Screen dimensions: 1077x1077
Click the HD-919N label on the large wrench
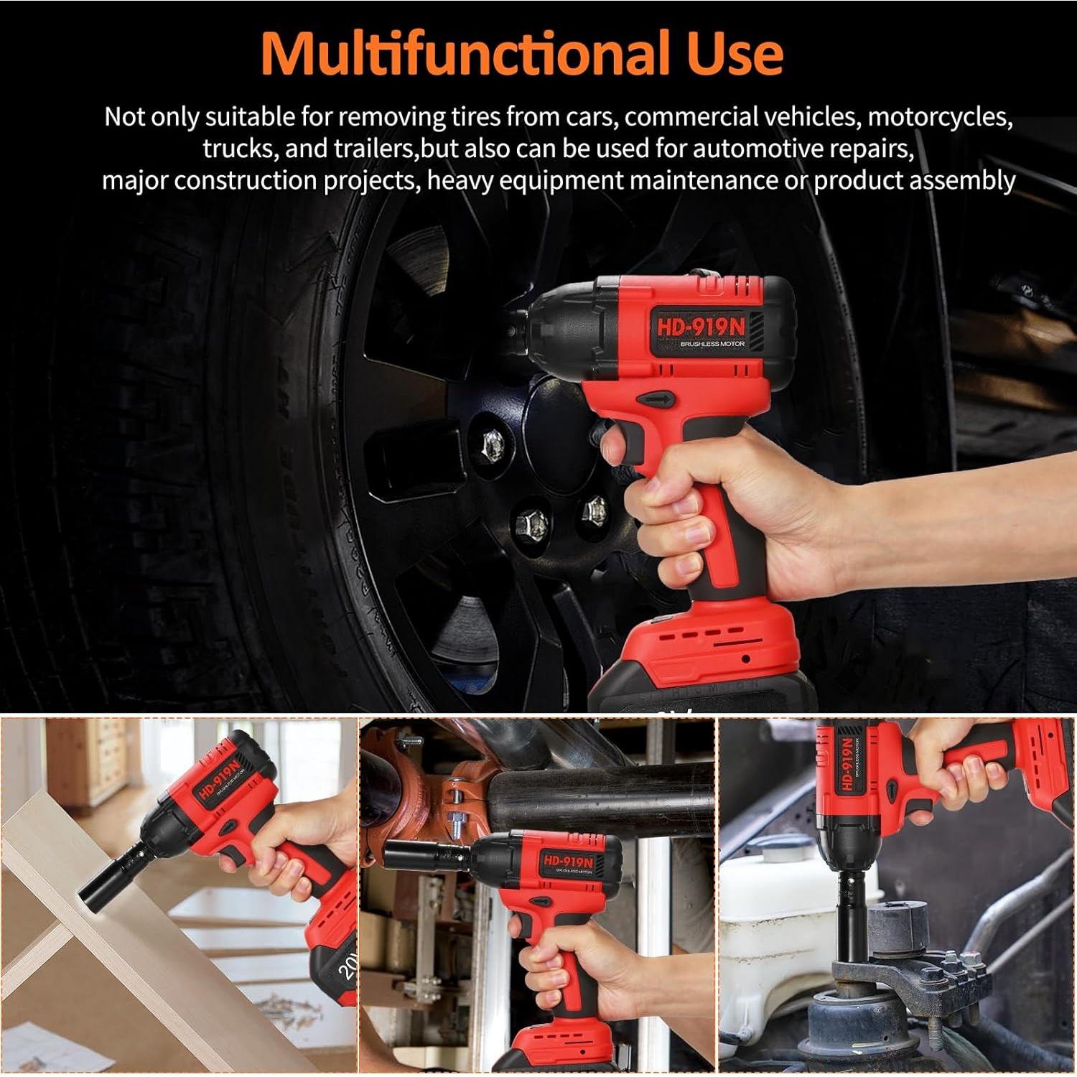(701, 327)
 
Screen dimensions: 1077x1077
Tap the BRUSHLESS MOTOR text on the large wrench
(712, 345)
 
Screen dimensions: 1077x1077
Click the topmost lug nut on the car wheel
(493, 444)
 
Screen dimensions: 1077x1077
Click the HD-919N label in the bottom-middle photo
(568, 861)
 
